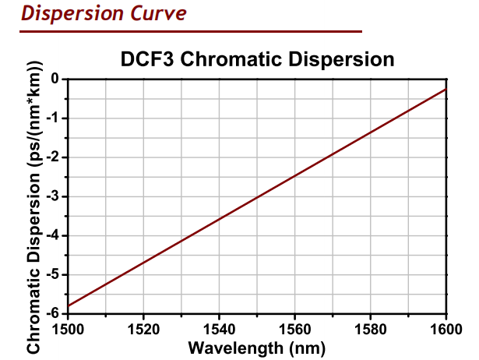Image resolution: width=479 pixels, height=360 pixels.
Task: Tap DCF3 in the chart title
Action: [146, 60]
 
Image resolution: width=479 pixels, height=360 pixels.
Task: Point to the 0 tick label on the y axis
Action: [55, 79]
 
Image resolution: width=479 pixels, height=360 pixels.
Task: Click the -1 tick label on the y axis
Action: [52, 118]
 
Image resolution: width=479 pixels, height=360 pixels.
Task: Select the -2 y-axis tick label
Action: [52, 157]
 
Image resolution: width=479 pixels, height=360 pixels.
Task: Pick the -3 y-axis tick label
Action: [52, 196]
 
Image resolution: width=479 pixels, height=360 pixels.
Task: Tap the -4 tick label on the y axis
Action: [52, 235]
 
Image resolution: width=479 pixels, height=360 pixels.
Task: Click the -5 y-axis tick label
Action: [52, 274]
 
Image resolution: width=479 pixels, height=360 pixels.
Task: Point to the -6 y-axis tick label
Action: [52, 313]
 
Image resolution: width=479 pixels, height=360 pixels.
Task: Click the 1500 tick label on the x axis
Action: [68, 328]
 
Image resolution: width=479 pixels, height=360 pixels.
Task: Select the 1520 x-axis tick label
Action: [143, 328]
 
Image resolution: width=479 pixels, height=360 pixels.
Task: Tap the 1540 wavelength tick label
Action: [219, 328]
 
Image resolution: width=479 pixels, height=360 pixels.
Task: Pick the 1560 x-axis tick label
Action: [294, 328]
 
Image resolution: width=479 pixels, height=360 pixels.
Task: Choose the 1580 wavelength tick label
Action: [370, 328]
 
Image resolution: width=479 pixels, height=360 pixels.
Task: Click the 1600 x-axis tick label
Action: [446, 328]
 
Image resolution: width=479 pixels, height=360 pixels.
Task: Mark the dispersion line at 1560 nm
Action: [294, 175]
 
